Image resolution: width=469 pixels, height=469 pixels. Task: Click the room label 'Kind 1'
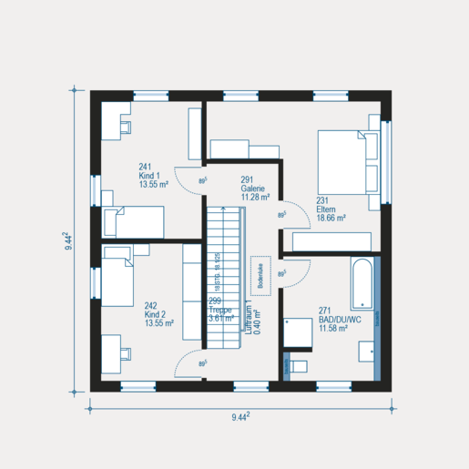[149, 175]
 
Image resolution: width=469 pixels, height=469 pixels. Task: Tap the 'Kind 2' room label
[156, 313]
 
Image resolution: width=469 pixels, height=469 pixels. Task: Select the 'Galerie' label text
[252, 188]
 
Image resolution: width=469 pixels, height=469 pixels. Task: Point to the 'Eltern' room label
[327, 209]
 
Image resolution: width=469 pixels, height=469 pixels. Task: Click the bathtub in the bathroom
[362, 283]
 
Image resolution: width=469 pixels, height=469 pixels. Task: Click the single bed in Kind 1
[133, 221]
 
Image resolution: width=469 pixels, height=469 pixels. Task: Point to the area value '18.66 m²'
[333, 219]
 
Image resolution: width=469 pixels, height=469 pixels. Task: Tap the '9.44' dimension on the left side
[68, 240]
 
